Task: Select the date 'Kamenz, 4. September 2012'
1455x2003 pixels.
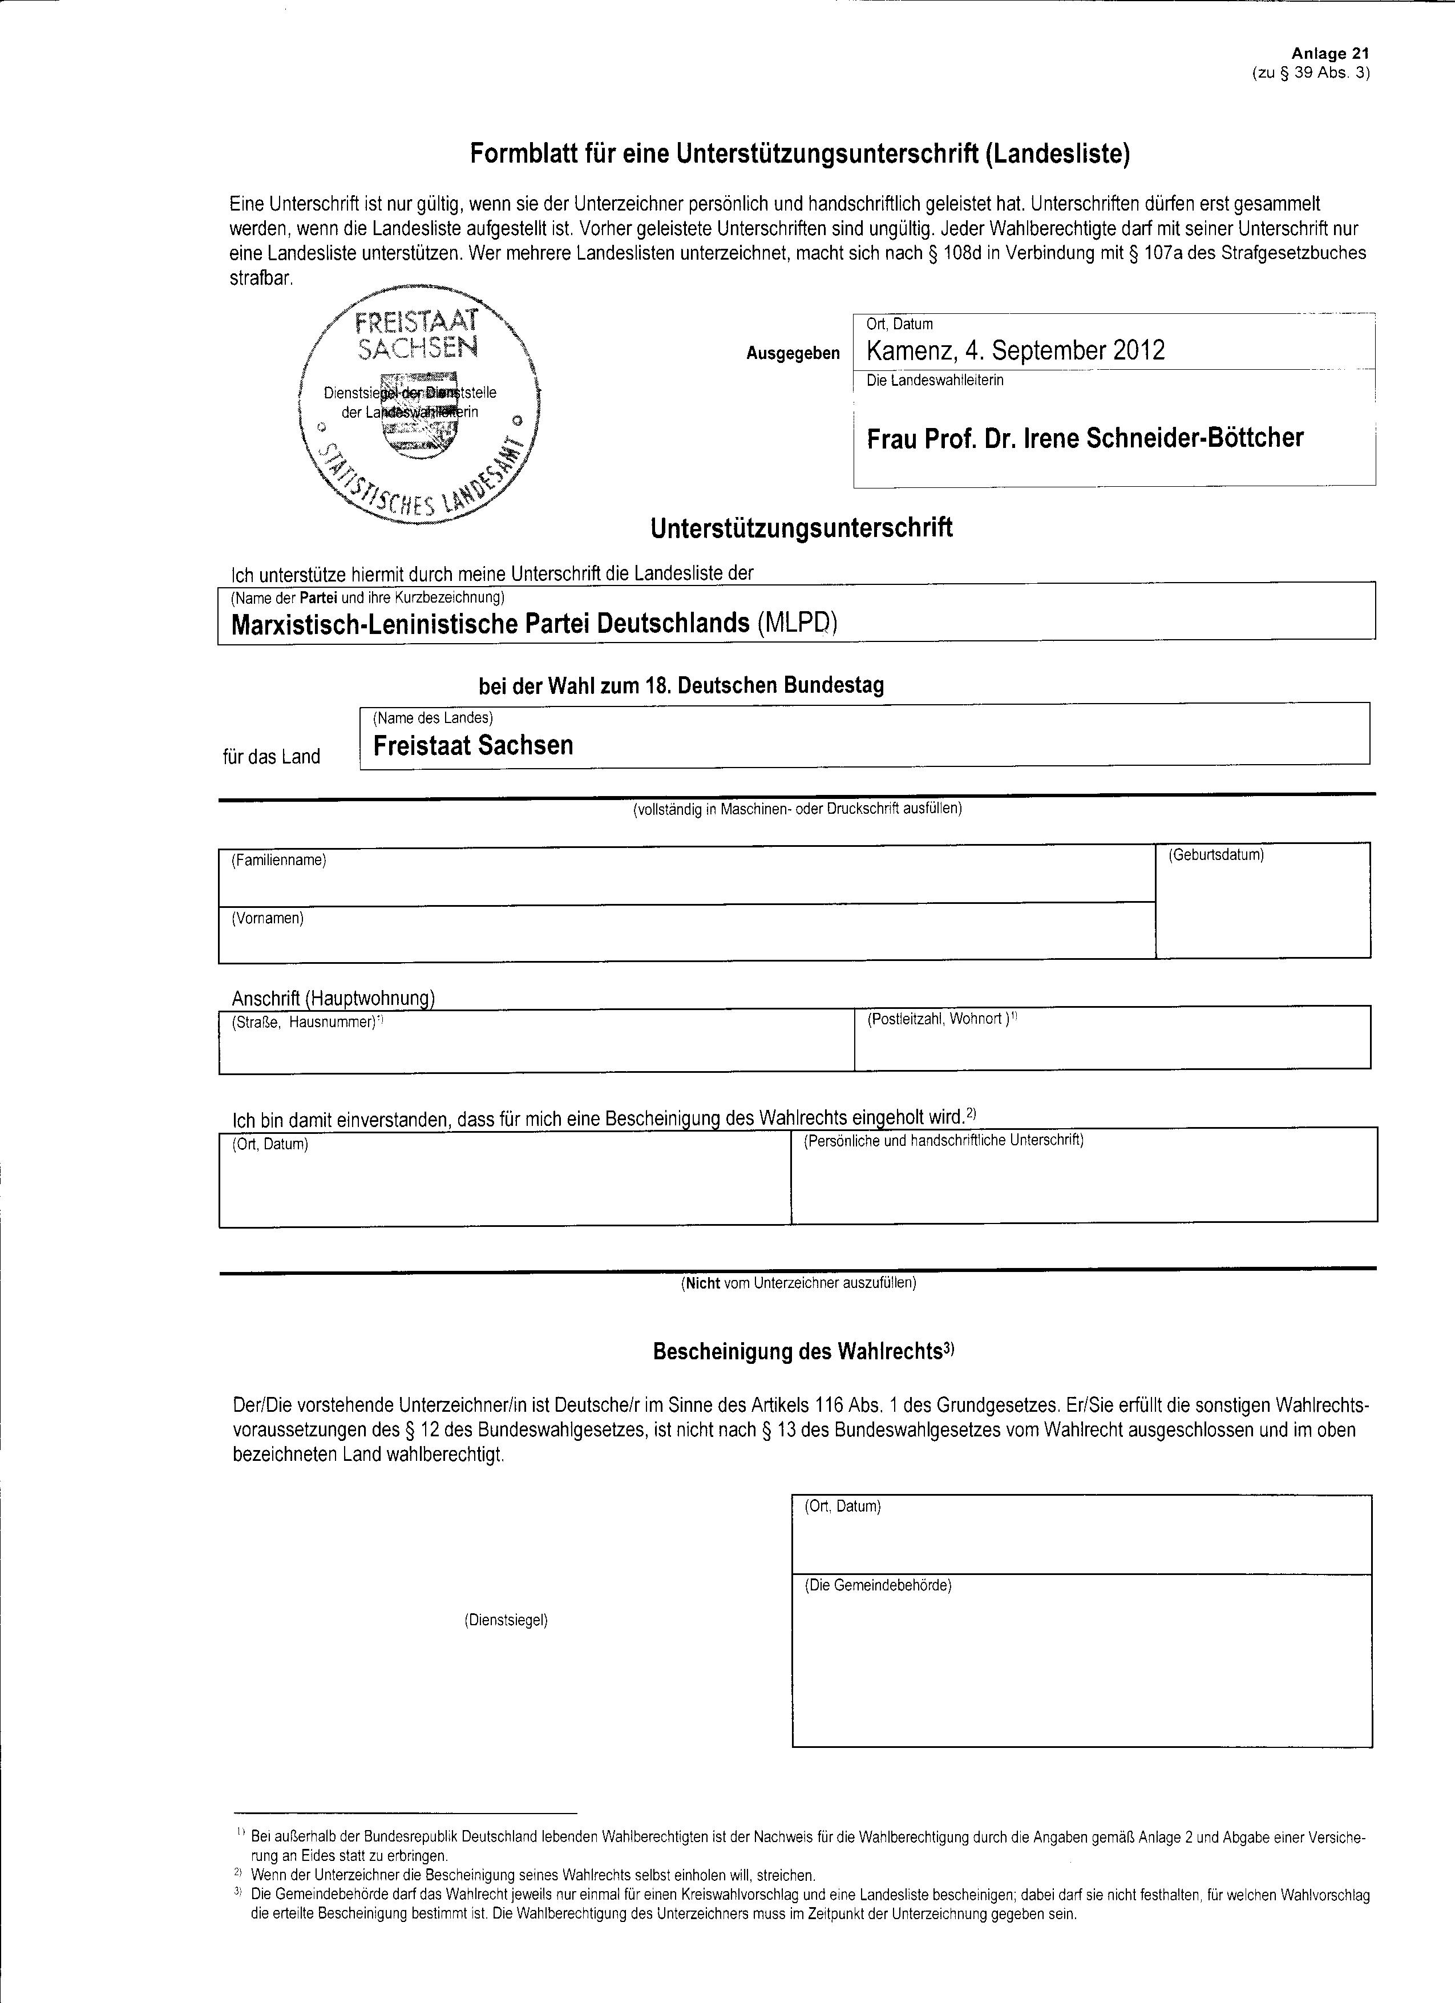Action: [x=1015, y=350]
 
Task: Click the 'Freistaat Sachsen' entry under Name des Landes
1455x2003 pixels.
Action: [x=472, y=745]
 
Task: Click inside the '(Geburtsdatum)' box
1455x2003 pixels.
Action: [x=1263, y=905]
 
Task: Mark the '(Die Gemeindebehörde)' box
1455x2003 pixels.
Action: [x=1081, y=1674]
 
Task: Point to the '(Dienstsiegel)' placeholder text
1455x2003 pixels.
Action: [x=506, y=1621]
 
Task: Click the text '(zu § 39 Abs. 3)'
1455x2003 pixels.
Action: [x=1310, y=73]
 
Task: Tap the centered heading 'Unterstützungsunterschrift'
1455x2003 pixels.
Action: [x=801, y=528]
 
